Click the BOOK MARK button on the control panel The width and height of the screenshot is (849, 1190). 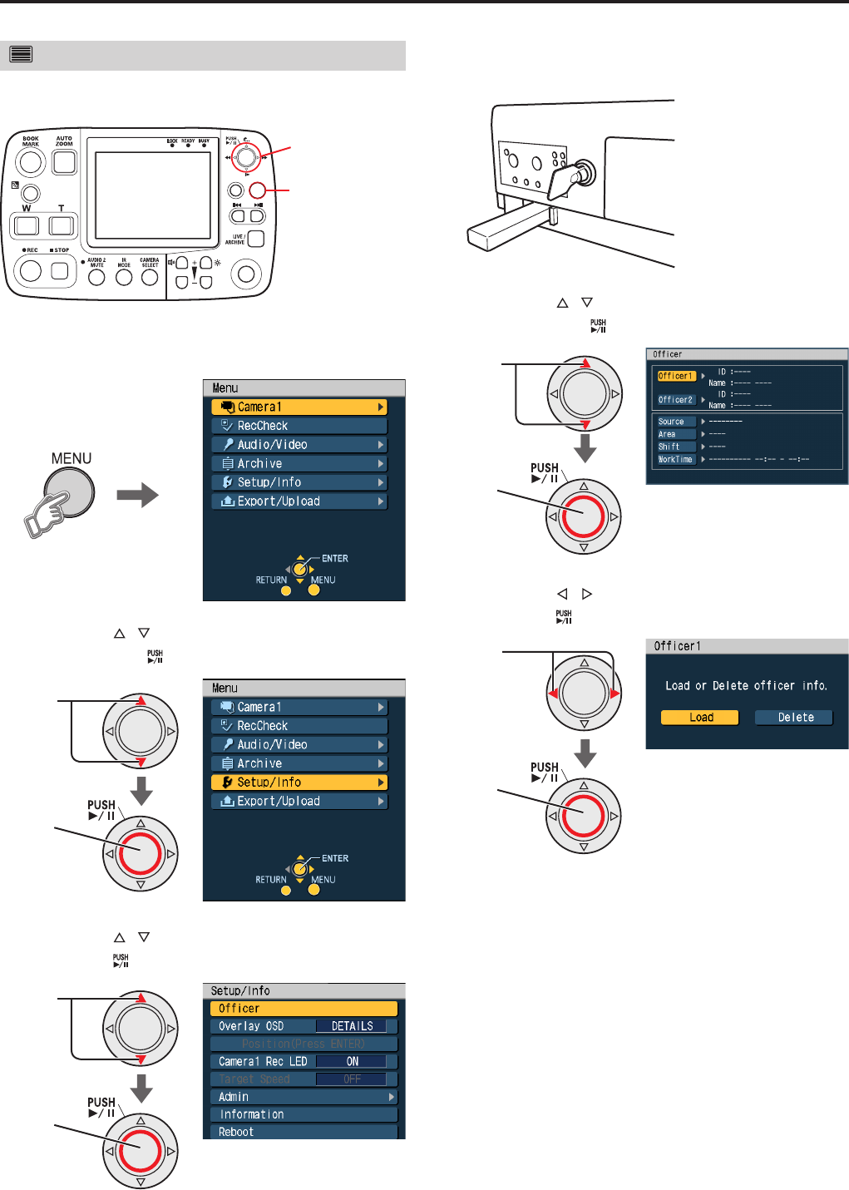pyautogui.click(x=31, y=162)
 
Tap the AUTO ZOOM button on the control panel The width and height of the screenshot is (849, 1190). pyautogui.click(x=64, y=161)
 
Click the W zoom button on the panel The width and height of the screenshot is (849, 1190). pyautogui.click(x=27, y=225)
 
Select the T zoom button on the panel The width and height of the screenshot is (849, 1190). pyautogui.click(x=62, y=225)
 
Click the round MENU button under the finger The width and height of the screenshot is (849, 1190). pyautogui.click(x=70, y=492)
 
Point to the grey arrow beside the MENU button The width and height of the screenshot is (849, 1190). pyautogui.click(x=137, y=496)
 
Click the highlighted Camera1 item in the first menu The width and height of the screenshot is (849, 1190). pyautogui.click(x=299, y=407)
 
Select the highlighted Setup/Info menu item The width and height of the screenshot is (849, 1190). pyautogui.click(x=299, y=783)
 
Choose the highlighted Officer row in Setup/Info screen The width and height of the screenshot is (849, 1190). pyautogui.click(x=304, y=1009)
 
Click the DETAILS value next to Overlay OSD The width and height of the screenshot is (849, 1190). pyautogui.click(x=352, y=1026)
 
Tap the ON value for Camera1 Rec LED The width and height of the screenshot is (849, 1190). pyautogui.click(x=352, y=1062)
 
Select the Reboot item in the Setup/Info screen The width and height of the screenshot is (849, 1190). pyautogui.click(x=304, y=1132)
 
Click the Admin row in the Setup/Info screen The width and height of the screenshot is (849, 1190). pyautogui.click(x=304, y=1097)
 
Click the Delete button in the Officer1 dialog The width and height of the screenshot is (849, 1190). pyautogui.click(x=795, y=718)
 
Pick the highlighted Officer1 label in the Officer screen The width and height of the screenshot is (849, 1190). pyautogui.click(x=675, y=376)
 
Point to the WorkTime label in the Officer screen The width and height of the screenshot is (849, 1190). pyautogui.click(x=675, y=459)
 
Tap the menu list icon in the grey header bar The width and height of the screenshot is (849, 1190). pyautogui.click(x=22, y=55)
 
